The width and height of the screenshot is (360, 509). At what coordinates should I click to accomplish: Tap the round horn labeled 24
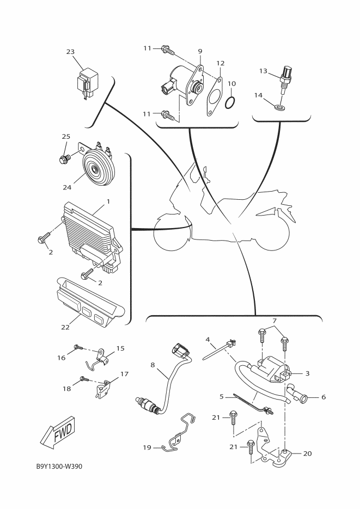coord(96,168)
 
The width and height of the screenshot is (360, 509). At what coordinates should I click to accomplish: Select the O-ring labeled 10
coord(230,103)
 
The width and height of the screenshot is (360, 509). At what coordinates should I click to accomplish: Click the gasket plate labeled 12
coord(214,96)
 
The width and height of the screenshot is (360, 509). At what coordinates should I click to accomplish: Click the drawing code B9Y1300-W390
coord(59,467)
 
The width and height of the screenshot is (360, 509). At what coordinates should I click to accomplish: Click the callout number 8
coord(152,365)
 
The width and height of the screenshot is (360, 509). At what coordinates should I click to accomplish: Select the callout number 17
coord(124,374)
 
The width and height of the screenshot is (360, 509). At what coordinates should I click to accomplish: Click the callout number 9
coord(200,51)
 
